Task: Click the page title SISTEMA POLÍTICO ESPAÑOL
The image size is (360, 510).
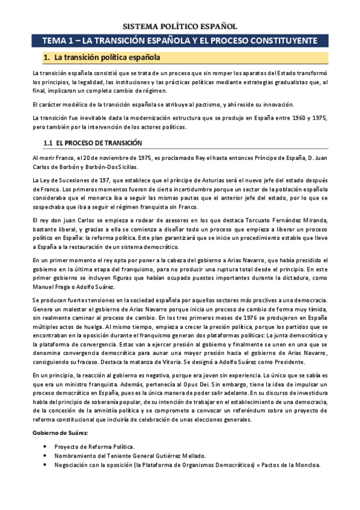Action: (x=180, y=26)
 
